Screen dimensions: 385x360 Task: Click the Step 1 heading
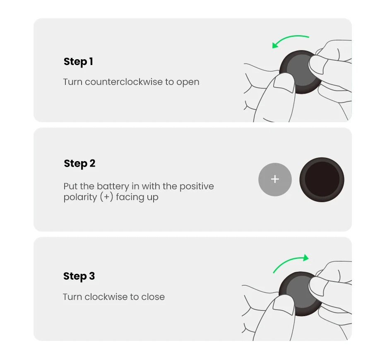[78, 61]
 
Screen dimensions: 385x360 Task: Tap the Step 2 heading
[79, 163]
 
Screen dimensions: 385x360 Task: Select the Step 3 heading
[79, 276]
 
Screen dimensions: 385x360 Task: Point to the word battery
[113, 186]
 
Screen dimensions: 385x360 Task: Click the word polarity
[80, 197]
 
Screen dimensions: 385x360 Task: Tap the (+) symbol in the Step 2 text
[106, 197]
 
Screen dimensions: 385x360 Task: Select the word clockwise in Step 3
[106, 297]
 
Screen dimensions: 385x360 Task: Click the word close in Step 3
[153, 297]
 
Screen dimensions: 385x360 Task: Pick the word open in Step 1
[188, 82]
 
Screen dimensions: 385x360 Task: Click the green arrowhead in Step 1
[275, 45]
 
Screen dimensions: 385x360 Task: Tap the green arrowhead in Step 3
[306, 258]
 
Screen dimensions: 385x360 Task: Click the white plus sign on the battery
[275, 179]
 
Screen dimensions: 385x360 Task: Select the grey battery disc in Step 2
[275, 179]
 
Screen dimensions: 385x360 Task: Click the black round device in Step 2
[322, 180]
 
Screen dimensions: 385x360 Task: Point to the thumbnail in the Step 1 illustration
[284, 83]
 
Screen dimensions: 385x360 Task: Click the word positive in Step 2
[197, 186]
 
